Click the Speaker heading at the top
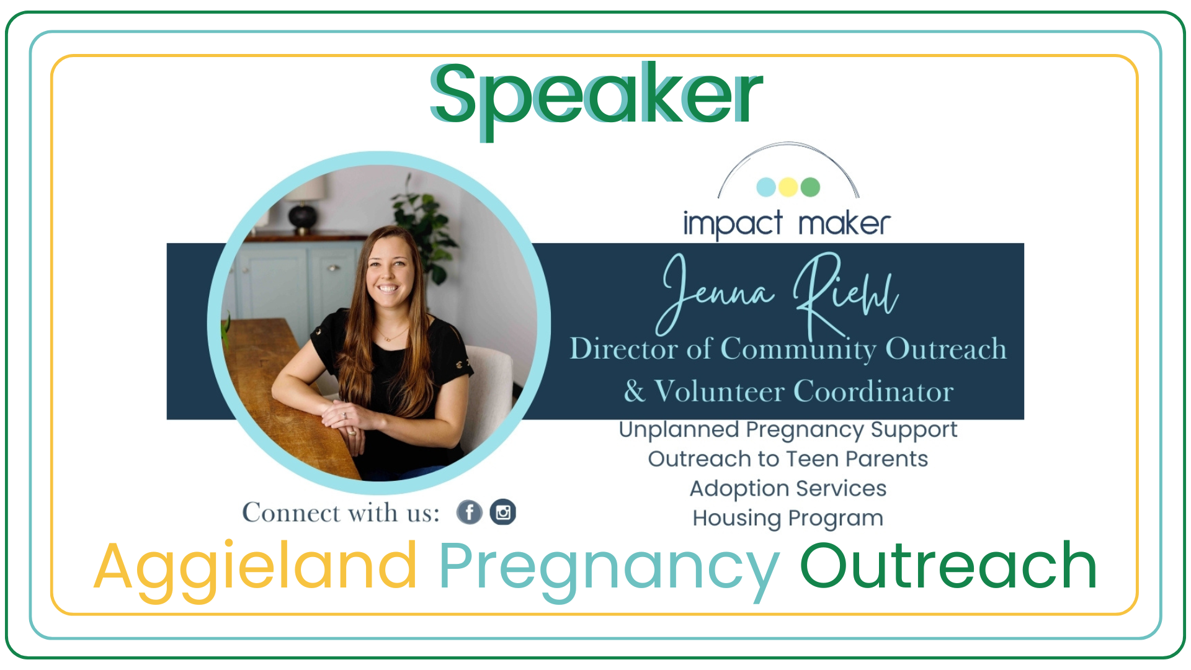tap(596, 99)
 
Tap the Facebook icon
tap(470, 512)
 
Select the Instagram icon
tap(503, 512)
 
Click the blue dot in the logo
tap(766, 187)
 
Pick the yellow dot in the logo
tap(788, 187)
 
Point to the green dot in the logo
tap(811, 187)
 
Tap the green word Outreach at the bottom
tap(949, 565)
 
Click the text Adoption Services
tap(788, 489)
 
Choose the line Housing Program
tap(788, 519)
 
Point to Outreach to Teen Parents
tap(788, 459)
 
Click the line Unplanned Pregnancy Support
tap(788, 430)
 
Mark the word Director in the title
tap(625, 349)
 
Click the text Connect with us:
tap(341, 513)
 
